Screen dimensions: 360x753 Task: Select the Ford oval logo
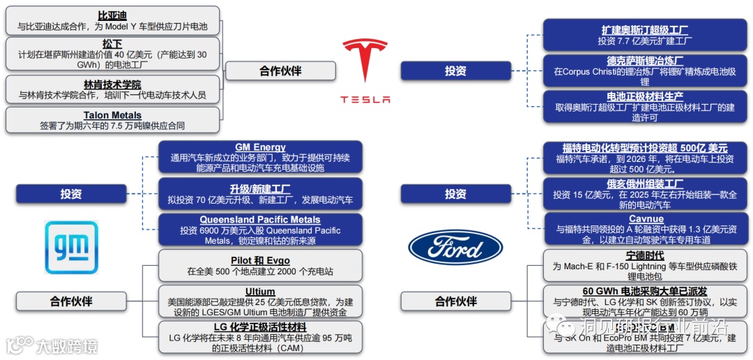tap(455, 248)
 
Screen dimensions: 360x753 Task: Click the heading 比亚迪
tap(112, 15)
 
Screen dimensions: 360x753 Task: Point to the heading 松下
tap(112, 43)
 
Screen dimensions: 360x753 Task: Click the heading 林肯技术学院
tap(112, 83)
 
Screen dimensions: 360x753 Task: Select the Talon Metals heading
tap(112, 115)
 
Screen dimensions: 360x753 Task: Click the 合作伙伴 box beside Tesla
tap(280, 70)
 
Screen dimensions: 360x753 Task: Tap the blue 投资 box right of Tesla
tap(456, 70)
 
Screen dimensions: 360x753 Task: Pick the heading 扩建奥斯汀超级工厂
tap(644, 30)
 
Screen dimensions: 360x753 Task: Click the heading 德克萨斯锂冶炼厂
tap(644, 60)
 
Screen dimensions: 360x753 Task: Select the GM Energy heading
tap(260, 147)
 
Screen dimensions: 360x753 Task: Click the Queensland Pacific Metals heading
tap(260, 220)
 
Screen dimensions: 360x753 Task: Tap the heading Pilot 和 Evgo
tap(260, 260)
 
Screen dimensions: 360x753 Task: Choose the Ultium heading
tap(260, 292)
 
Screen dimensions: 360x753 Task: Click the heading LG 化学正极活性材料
tap(260, 327)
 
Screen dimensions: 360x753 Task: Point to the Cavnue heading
tap(646, 219)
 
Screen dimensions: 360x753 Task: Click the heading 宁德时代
tap(646, 255)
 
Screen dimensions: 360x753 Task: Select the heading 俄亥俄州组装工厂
tap(646, 183)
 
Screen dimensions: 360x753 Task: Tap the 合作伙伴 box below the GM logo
tap(71, 301)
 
